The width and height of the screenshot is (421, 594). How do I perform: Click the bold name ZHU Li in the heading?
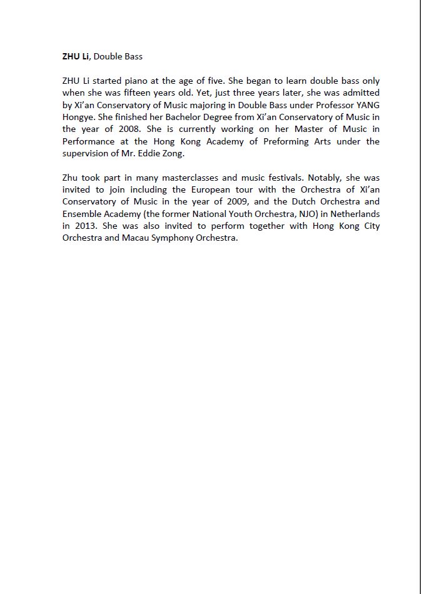coord(76,56)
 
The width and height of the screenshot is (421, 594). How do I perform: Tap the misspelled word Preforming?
coord(272,141)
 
